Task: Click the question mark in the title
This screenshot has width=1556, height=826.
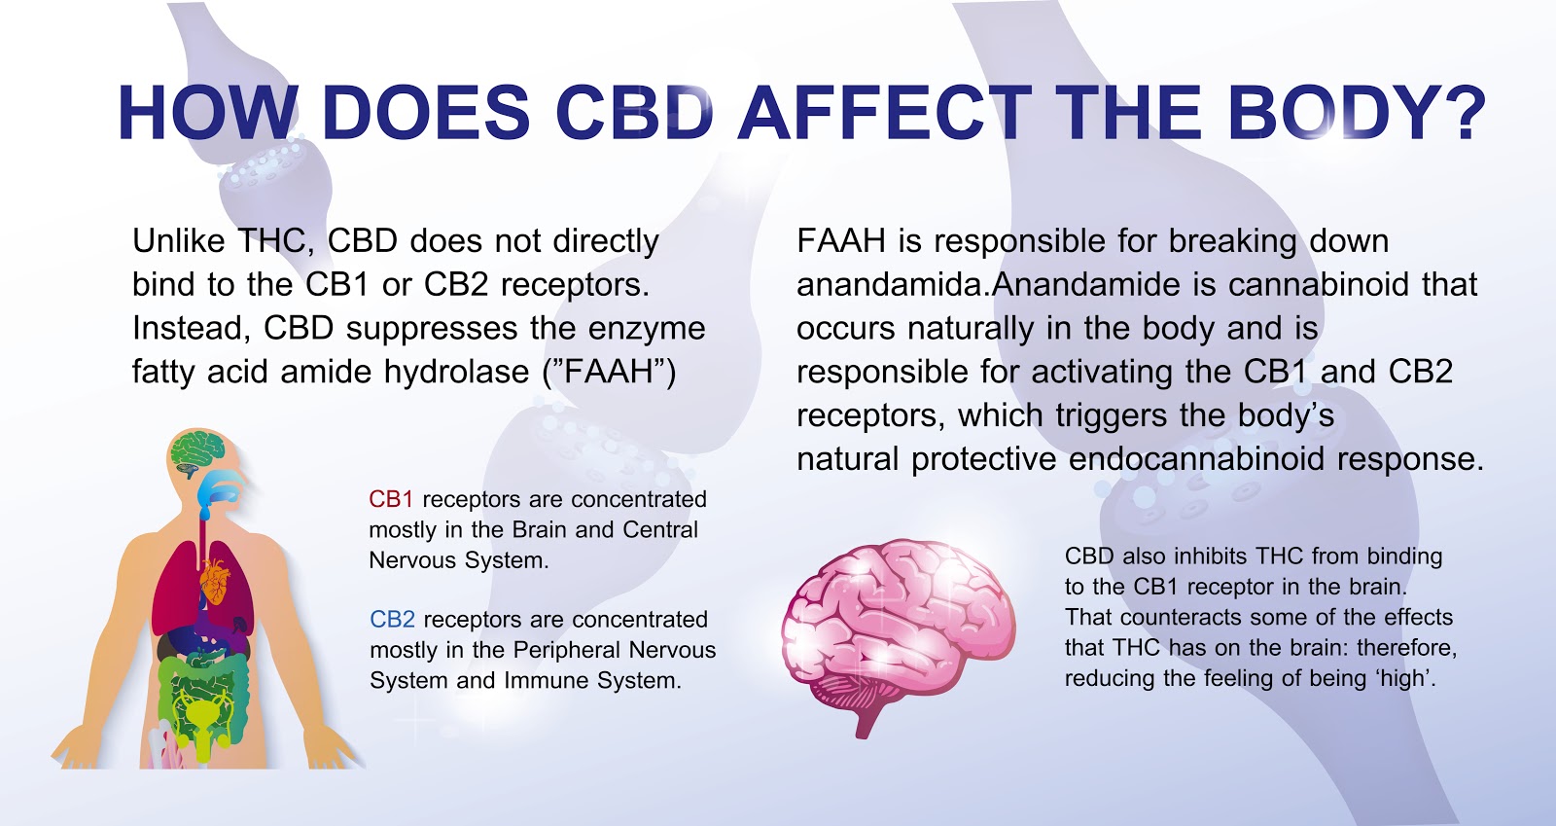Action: [x=1458, y=113]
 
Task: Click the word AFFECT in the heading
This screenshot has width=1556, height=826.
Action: [x=883, y=113]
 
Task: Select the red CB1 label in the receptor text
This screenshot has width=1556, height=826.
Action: [x=391, y=499]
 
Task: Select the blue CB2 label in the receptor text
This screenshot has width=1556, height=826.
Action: [x=392, y=620]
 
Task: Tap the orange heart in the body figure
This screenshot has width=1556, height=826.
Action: [x=215, y=582]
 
